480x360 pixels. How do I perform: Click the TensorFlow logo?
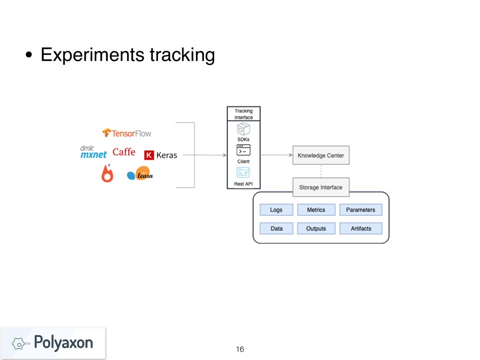tap(127, 133)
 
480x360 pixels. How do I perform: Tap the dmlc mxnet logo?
tap(93, 152)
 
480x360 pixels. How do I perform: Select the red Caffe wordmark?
tap(124, 152)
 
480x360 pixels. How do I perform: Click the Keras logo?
tap(160, 155)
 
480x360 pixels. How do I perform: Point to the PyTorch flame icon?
tap(107, 173)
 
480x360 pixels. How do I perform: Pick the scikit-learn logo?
tap(140, 174)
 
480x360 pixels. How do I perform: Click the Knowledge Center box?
tap(321, 155)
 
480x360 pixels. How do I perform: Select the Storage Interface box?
tap(321, 187)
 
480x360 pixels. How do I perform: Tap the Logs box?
tap(276, 210)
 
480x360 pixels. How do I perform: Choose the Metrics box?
tap(316, 210)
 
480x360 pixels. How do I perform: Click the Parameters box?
tap(360, 210)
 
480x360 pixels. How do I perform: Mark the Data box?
tap(276, 228)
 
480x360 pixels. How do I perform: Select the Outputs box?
tap(316, 228)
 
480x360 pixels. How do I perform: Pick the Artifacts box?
tap(360, 228)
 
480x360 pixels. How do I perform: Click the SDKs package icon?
tap(243, 128)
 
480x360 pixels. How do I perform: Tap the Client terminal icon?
tap(243, 150)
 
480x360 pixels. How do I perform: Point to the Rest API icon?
tap(243, 172)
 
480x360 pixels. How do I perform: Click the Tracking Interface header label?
tap(243, 114)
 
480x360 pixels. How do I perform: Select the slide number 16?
tap(240, 349)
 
